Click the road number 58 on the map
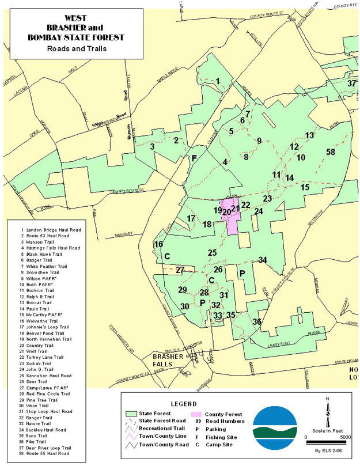coord(330,152)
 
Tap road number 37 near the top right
coord(351,84)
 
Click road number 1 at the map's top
coord(218,81)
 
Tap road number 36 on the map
coord(257,322)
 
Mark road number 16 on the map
coord(158,245)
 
